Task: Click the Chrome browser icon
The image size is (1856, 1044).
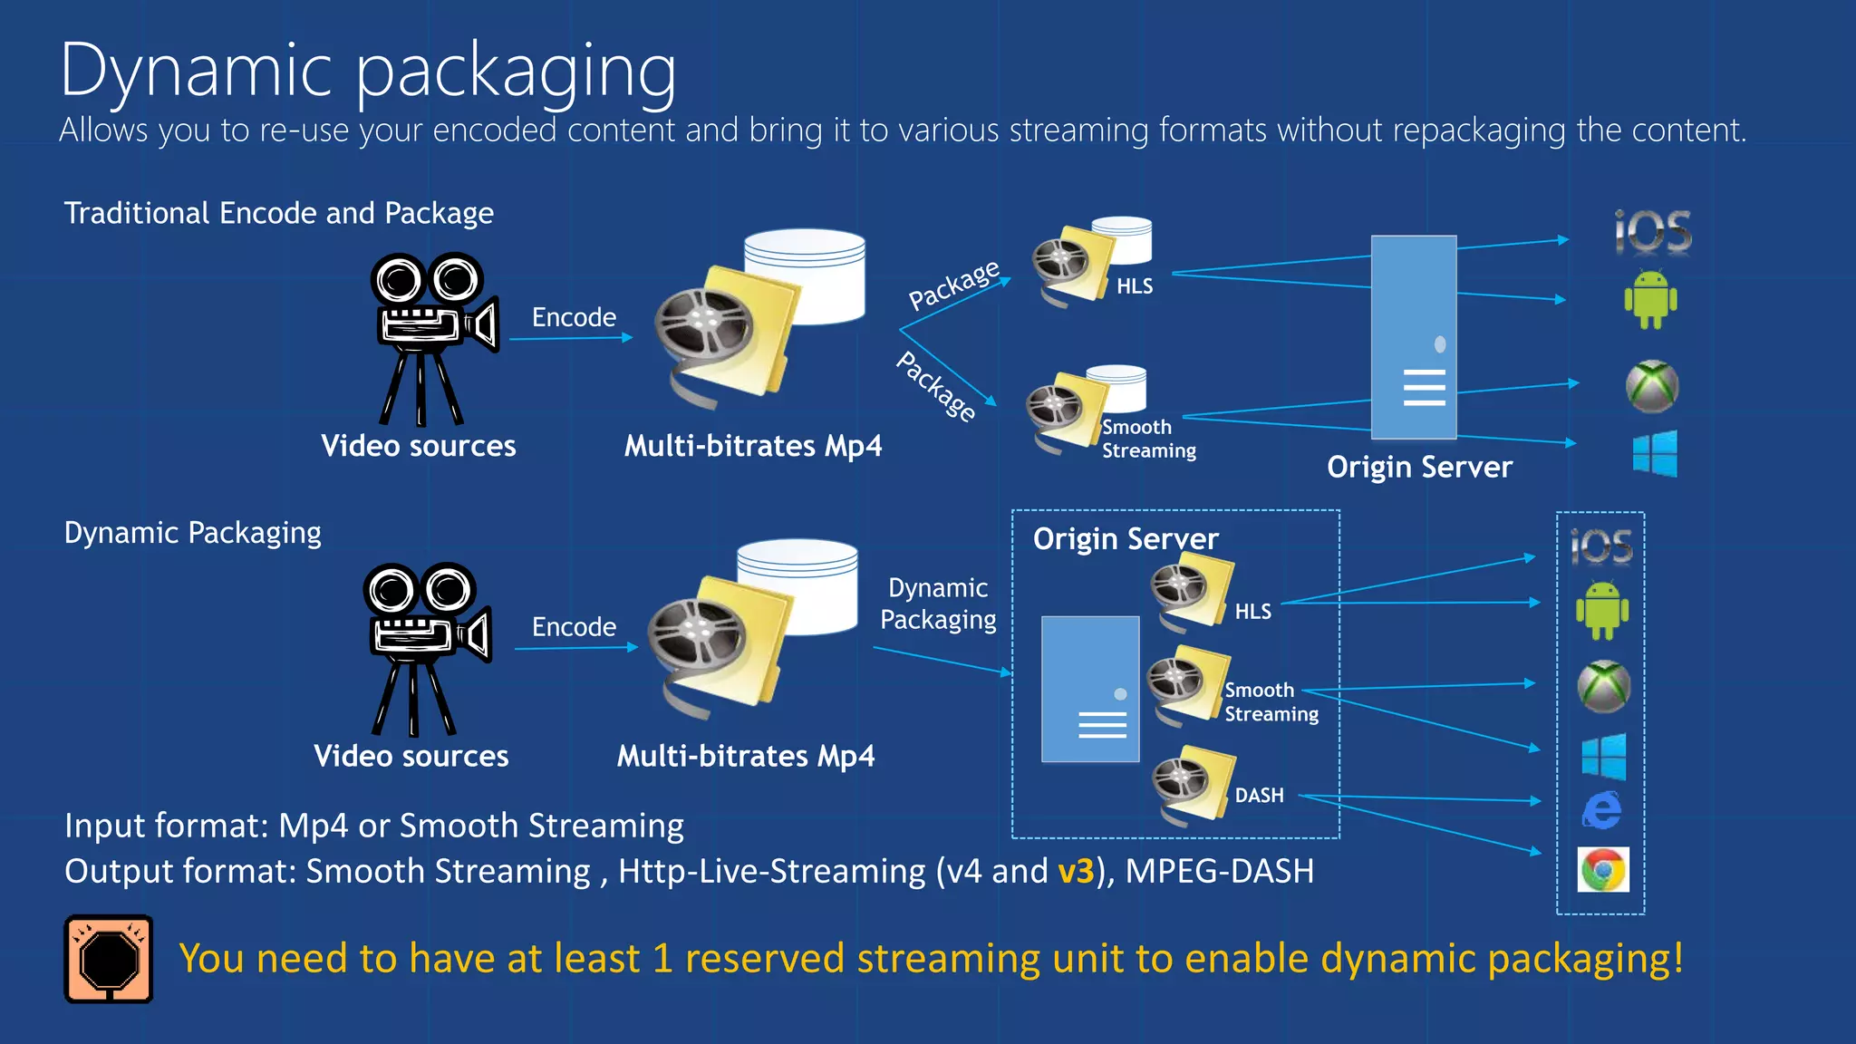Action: [1603, 870]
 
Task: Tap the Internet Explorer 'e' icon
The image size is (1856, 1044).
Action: [1602, 809]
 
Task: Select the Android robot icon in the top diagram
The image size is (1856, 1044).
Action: [1650, 300]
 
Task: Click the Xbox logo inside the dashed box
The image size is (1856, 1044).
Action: [1603, 686]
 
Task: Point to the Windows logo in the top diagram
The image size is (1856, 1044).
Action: [1655, 453]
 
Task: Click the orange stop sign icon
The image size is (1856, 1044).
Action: [109, 959]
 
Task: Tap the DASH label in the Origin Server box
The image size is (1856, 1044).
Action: [1259, 795]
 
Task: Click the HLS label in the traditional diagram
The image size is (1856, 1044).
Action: [1134, 286]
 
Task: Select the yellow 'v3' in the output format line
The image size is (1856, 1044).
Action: [1076, 871]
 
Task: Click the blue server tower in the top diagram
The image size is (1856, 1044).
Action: [1414, 337]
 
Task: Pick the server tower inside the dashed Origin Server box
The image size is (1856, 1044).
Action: [1090, 689]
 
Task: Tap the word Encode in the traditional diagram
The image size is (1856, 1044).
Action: [574, 317]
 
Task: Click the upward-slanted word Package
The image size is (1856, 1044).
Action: [954, 285]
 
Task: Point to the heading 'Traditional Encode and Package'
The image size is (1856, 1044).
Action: [278, 213]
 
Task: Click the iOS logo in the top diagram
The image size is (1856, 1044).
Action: [1653, 232]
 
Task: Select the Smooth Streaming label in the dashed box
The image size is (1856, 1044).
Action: [1271, 702]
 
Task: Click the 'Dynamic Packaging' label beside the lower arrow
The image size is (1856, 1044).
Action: [938, 604]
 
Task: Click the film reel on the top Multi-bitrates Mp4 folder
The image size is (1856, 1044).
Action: [704, 323]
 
